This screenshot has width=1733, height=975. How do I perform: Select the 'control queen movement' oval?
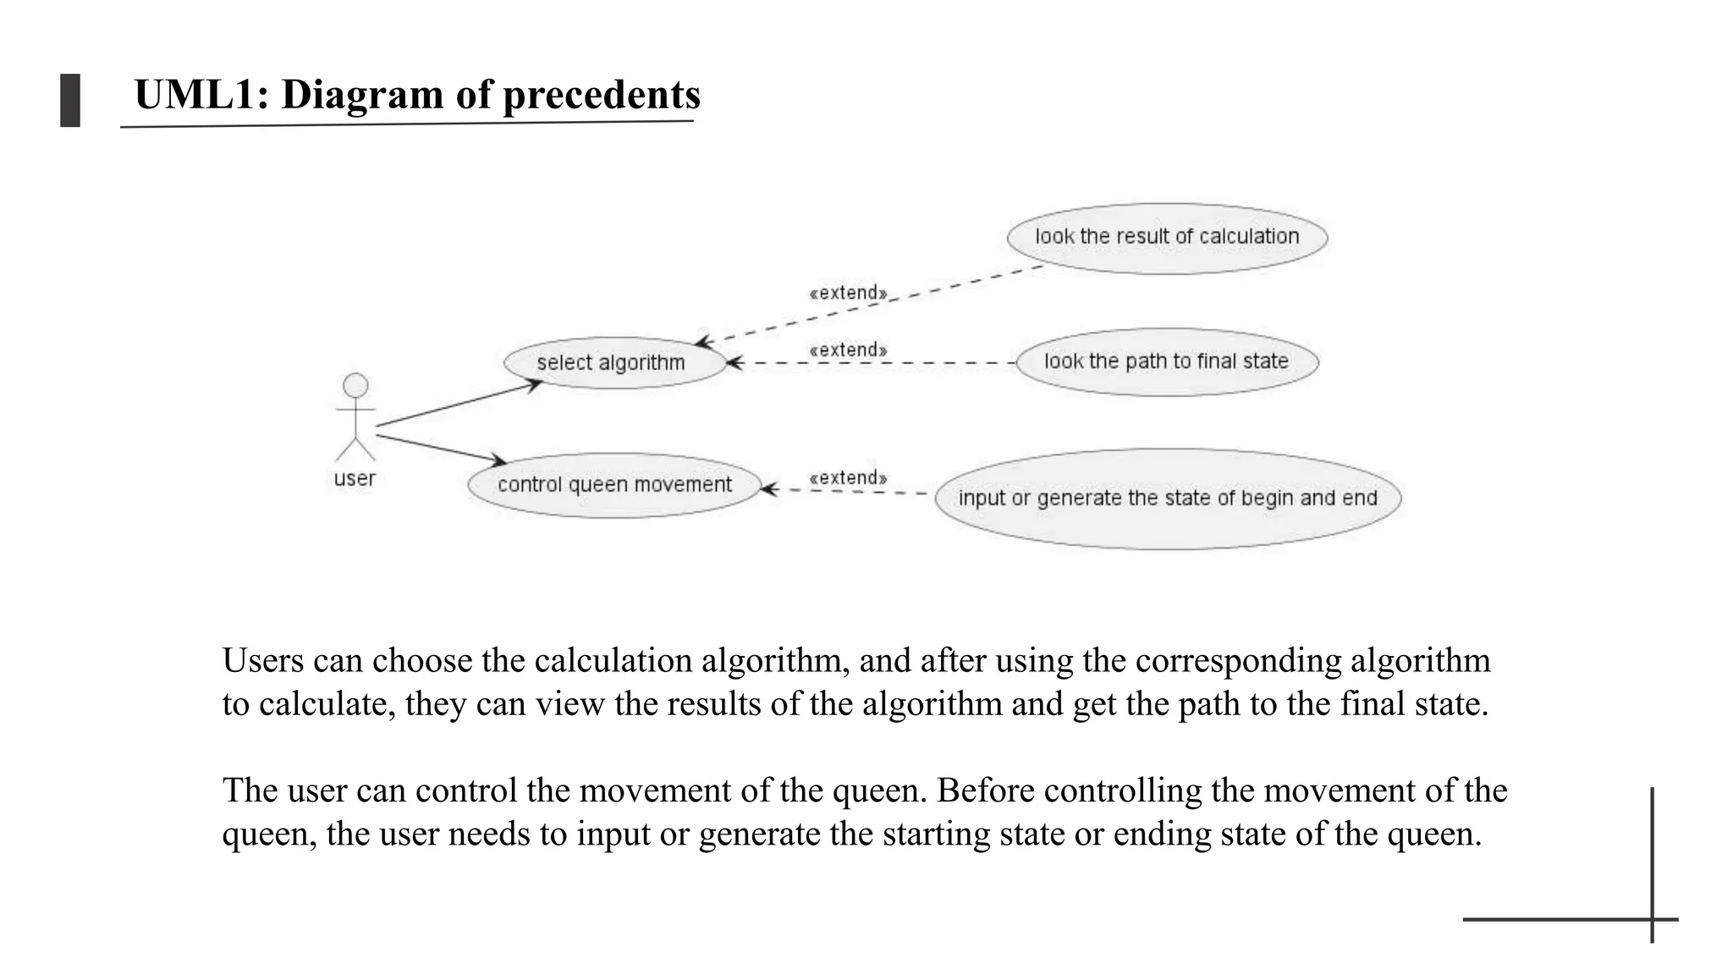point(614,485)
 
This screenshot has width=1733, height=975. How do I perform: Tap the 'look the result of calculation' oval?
point(1167,238)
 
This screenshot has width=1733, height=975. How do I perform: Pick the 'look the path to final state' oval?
point(1167,362)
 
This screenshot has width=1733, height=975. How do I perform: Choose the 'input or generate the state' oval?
point(1168,499)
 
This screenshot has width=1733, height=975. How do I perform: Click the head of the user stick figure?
point(355,386)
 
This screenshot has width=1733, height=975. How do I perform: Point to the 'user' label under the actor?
point(355,479)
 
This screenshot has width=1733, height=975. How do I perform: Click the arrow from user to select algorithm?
point(458,404)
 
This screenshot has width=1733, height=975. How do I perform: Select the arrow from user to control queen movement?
point(440,449)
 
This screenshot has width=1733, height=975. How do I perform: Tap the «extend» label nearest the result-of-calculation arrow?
point(848,294)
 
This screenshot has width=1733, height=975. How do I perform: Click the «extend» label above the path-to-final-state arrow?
point(848,350)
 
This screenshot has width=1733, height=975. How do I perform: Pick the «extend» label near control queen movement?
point(848,478)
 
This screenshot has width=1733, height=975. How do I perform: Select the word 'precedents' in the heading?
point(601,95)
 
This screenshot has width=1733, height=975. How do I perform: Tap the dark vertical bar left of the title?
point(70,101)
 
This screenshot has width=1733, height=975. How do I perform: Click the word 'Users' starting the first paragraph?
point(262,661)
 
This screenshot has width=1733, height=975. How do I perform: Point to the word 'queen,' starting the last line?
point(269,835)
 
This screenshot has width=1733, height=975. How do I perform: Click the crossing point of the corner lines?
point(1652,919)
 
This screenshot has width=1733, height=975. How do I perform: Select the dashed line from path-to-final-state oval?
point(872,363)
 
